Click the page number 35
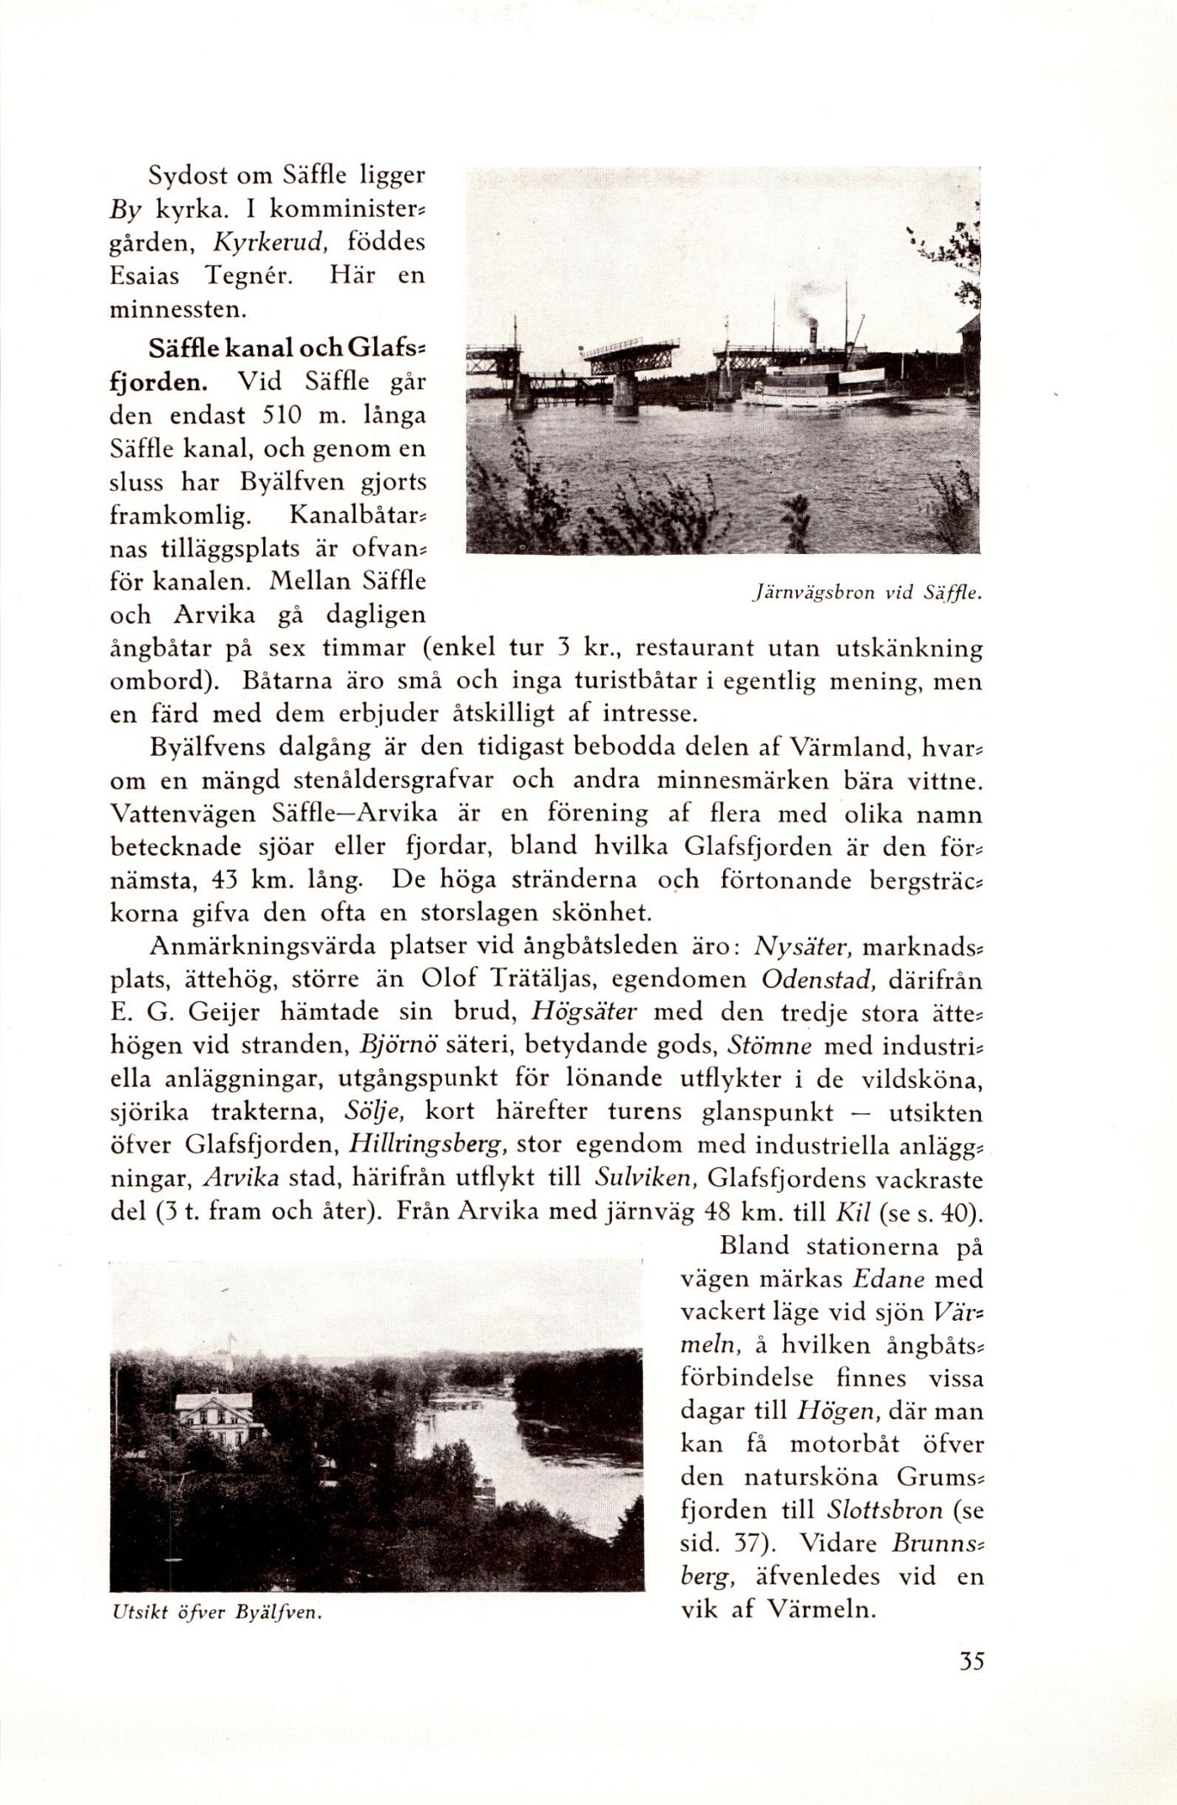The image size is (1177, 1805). coord(970,1662)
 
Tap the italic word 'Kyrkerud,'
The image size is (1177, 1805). coord(269,243)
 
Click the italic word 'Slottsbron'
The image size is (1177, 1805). coord(884,1510)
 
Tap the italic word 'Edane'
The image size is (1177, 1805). coord(889,1280)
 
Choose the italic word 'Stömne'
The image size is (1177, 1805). coord(769,1047)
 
